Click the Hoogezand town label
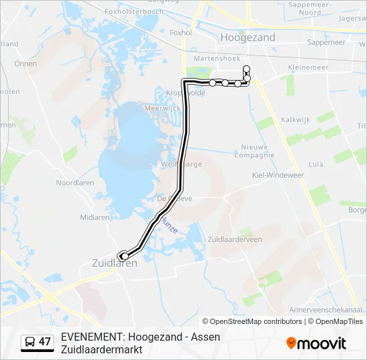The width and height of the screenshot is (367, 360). (x=248, y=37)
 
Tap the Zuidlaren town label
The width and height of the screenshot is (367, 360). (x=114, y=263)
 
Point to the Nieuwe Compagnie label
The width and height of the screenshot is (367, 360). (x=254, y=151)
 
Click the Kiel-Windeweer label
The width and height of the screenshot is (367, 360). (x=278, y=175)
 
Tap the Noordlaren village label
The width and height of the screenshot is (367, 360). (x=75, y=183)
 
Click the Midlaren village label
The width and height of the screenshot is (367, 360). (x=95, y=217)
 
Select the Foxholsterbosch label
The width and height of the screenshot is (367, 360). (x=134, y=11)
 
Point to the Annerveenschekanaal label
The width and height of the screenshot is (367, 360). (x=325, y=310)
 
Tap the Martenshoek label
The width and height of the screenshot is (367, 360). (x=212, y=59)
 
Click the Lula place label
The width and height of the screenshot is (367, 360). (x=316, y=164)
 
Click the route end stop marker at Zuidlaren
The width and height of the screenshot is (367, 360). (x=124, y=256)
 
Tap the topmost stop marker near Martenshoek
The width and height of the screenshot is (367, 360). (x=246, y=69)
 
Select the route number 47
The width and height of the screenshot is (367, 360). (x=45, y=342)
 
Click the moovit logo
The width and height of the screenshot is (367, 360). (x=316, y=343)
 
